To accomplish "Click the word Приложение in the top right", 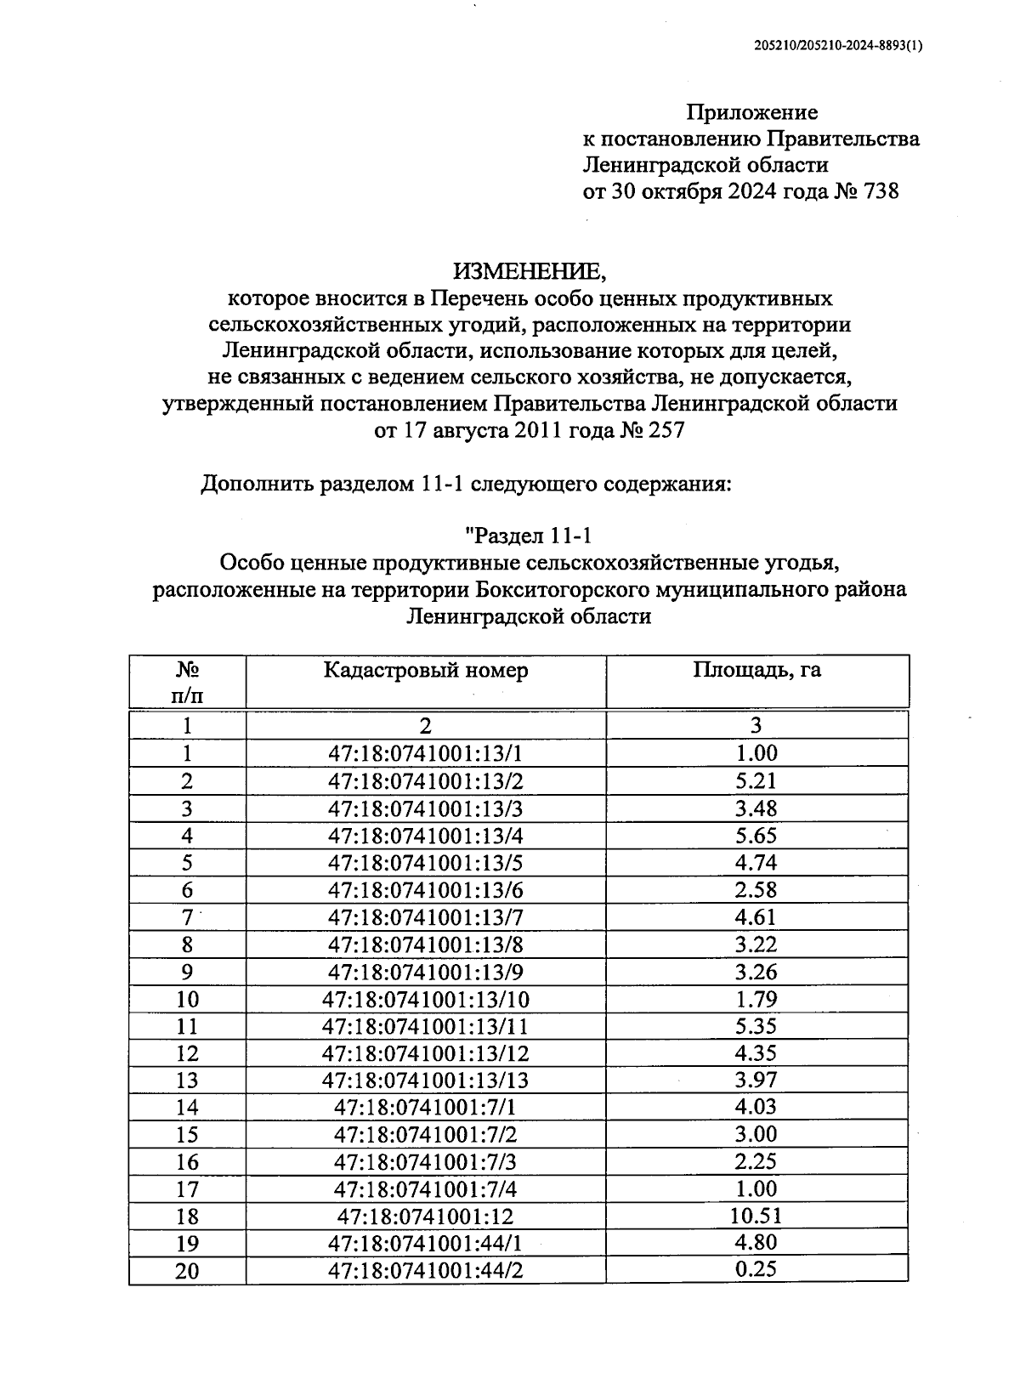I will pyautogui.click(x=751, y=112).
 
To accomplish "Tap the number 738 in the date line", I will pyautogui.click(x=880, y=191).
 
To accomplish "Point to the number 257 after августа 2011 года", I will pyautogui.click(x=666, y=430).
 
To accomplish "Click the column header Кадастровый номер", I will pyautogui.click(x=425, y=670).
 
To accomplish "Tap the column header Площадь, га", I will pyautogui.click(x=756, y=670).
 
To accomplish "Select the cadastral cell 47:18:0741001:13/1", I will pyautogui.click(x=425, y=753).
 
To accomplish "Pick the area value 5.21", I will pyautogui.click(x=756, y=780).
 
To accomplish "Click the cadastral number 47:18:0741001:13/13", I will pyautogui.click(x=425, y=1081).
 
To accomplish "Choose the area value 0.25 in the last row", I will pyautogui.click(x=756, y=1269).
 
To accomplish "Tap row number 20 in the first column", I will pyautogui.click(x=187, y=1271).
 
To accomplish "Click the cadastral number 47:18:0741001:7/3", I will pyautogui.click(x=425, y=1162).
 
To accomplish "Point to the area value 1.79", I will pyautogui.click(x=756, y=998).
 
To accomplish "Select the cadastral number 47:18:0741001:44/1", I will pyautogui.click(x=425, y=1244).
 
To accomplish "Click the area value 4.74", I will pyautogui.click(x=756, y=862).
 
